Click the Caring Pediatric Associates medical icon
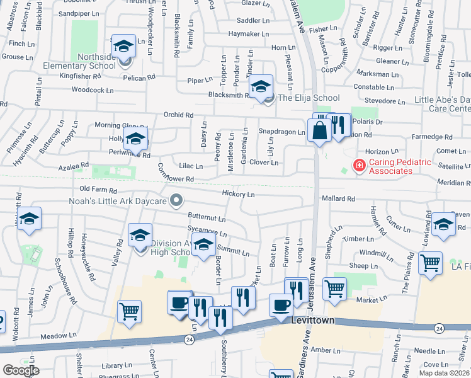tap(359, 166)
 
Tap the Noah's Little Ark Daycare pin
tap(177, 202)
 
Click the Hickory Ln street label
tap(238, 195)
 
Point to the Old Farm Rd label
tap(98, 190)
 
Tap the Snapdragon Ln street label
tap(281, 132)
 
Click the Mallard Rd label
tap(338, 198)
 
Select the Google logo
tap(21, 370)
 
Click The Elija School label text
tap(309, 98)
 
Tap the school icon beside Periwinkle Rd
tap(135, 140)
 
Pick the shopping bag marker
tap(320, 130)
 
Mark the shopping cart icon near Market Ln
tap(334, 289)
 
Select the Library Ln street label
tap(115, 365)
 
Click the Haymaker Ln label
tap(249, 34)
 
